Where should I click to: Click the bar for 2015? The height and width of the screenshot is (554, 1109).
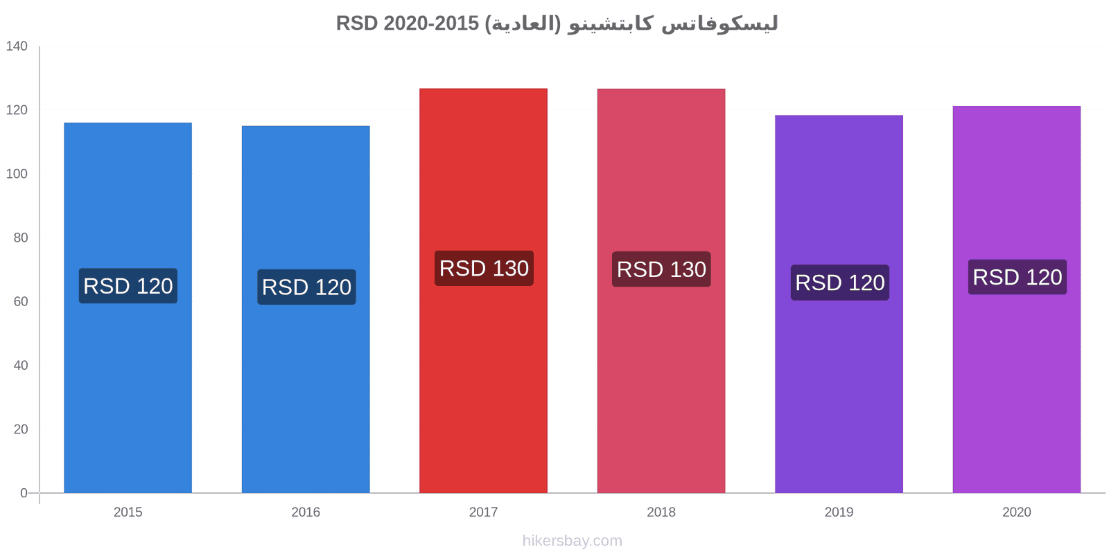(x=128, y=307)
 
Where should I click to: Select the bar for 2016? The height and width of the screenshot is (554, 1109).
(x=306, y=309)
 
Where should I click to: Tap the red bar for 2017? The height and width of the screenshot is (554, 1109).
(x=483, y=291)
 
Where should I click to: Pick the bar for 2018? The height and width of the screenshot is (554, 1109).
(x=661, y=291)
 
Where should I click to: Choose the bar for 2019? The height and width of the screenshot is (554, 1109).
(x=839, y=304)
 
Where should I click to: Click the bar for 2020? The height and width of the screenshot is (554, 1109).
(x=1016, y=300)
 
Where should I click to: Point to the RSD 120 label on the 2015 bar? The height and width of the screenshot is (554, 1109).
(x=128, y=286)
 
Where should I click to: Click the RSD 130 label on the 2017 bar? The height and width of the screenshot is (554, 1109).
(x=484, y=268)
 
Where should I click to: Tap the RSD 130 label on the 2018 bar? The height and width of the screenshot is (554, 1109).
(x=661, y=269)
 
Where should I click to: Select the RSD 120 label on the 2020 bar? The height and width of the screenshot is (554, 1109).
(x=1018, y=277)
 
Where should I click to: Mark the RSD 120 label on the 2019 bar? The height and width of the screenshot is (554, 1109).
(x=839, y=283)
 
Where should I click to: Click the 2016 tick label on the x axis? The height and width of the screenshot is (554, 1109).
(x=306, y=512)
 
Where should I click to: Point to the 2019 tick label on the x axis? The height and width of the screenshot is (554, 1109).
(x=839, y=512)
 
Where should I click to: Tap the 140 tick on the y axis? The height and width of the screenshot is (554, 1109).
(x=17, y=46)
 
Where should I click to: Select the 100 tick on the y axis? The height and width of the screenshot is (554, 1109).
(x=17, y=174)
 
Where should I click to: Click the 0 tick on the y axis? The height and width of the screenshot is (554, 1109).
(x=24, y=493)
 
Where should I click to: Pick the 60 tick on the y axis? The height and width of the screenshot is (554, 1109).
(x=20, y=301)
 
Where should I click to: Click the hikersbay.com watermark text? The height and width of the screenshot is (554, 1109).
(x=573, y=541)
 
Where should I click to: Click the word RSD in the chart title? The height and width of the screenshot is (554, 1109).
(x=357, y=24)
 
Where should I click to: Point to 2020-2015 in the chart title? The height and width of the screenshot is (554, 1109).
(x=431, y=24)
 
